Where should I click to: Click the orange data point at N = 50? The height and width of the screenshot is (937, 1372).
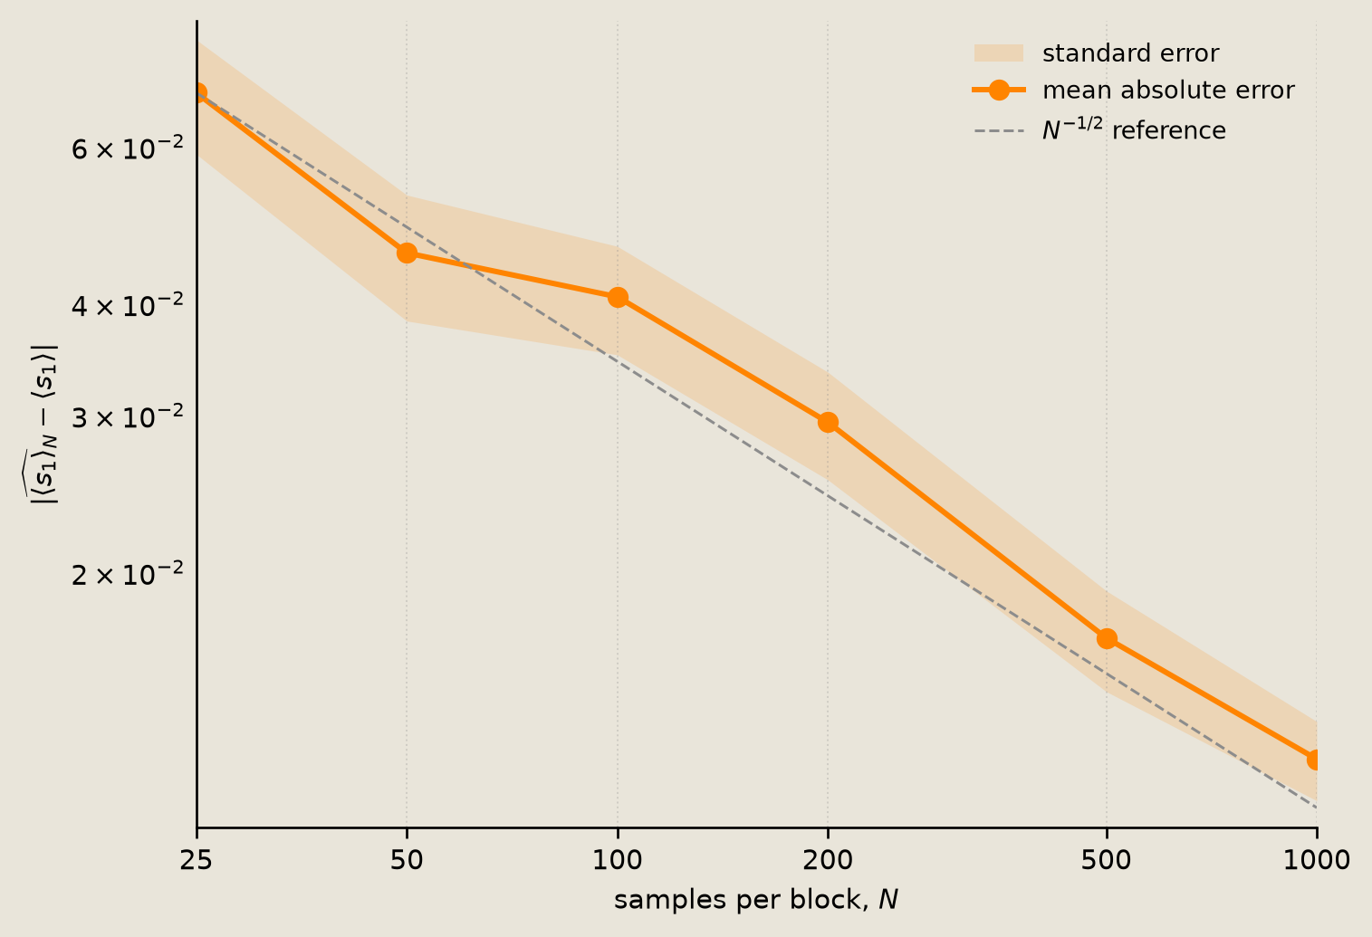pos(407,253)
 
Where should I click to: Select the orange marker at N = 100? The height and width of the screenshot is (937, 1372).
pos(618,298)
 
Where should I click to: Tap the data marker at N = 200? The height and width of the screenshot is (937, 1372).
pos(828,423)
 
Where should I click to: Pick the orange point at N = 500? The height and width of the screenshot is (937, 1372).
pos(1107,639)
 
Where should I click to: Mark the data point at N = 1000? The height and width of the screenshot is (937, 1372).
pos(1316,760)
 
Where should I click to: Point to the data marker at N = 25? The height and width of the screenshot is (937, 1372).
pos(197,93)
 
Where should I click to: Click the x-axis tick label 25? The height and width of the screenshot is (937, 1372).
pos(196,860)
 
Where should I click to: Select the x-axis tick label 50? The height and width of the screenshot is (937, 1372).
pos(407,860)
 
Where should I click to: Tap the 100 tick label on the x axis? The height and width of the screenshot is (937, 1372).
pos(618,860)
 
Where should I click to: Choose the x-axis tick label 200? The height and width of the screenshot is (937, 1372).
pos(828,860)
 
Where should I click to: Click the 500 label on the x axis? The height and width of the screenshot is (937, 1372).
pos(1106,860)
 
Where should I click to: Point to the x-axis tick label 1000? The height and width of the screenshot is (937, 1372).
pos(1316,860)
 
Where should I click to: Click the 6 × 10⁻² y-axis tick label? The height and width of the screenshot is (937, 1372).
pos(128,148)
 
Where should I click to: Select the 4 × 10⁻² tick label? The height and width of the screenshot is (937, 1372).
pos(128,304)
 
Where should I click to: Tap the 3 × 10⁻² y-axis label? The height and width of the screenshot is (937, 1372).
pos(128,416)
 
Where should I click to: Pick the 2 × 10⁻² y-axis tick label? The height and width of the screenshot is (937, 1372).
pos(128,573)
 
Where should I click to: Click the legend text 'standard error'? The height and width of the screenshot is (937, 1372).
pos(1131,53)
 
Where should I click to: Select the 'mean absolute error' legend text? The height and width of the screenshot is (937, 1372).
pos(1168,90)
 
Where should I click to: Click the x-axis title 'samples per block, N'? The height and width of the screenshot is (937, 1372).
pos(756,900)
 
